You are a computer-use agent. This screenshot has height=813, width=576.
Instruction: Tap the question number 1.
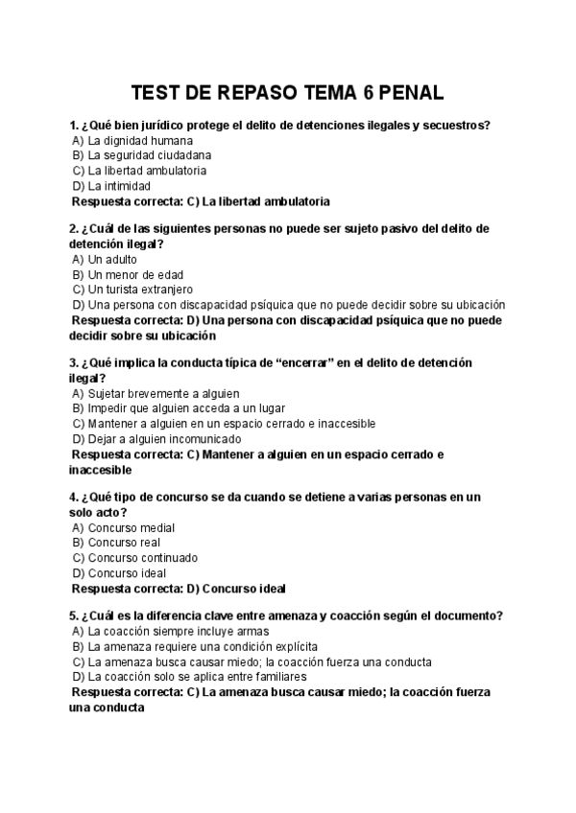74,125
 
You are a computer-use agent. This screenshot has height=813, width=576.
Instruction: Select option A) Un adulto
105,259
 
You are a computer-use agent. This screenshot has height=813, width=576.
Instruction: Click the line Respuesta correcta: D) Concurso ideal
180,589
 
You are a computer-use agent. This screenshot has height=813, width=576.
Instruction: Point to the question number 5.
74,616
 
